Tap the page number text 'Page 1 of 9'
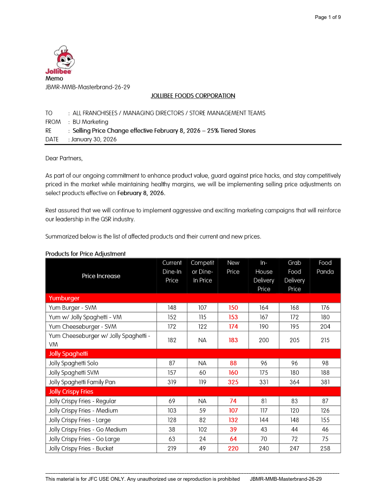328,17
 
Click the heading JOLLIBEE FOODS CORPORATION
193,96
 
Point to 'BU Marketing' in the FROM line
90,122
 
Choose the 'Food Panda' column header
325,267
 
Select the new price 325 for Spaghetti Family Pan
233,382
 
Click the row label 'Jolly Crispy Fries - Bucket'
81,448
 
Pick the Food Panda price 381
325,382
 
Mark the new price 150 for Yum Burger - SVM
233,308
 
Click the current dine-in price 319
172,382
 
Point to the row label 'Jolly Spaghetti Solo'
74,363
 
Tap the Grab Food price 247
295,448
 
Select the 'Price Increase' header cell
101,276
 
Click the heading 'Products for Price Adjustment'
86,253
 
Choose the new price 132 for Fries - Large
233,420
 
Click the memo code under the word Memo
87,87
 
